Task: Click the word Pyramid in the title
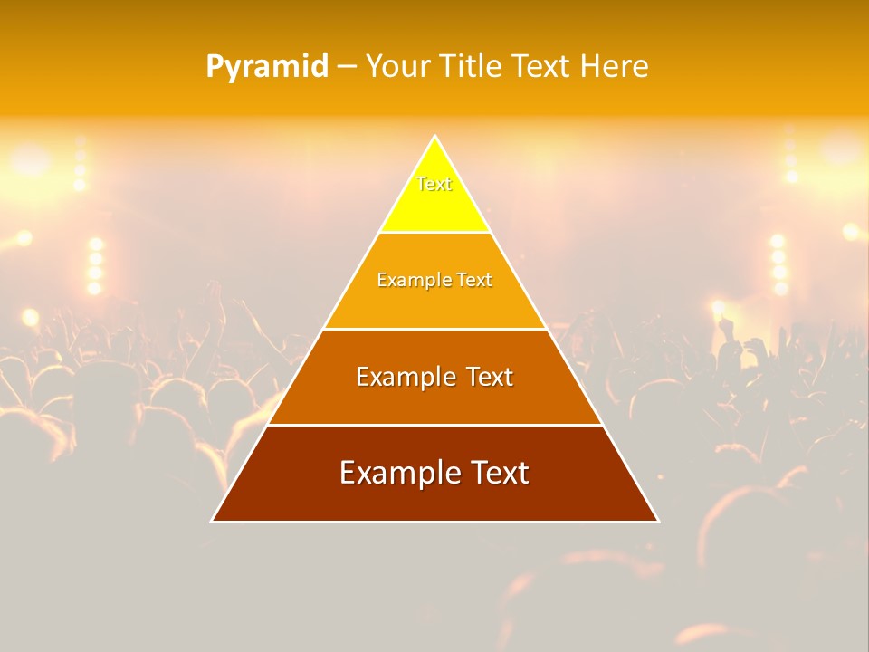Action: point(267,67)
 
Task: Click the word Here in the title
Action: point(615,67)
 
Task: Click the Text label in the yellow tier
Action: point(434,185)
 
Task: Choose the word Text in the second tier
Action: point(474,281)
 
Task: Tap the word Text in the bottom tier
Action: point(500,473)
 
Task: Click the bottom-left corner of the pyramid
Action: point(213,521)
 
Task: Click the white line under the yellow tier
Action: point(434,233)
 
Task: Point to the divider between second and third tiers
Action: point(434,329)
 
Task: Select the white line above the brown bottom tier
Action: point(434,425)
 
